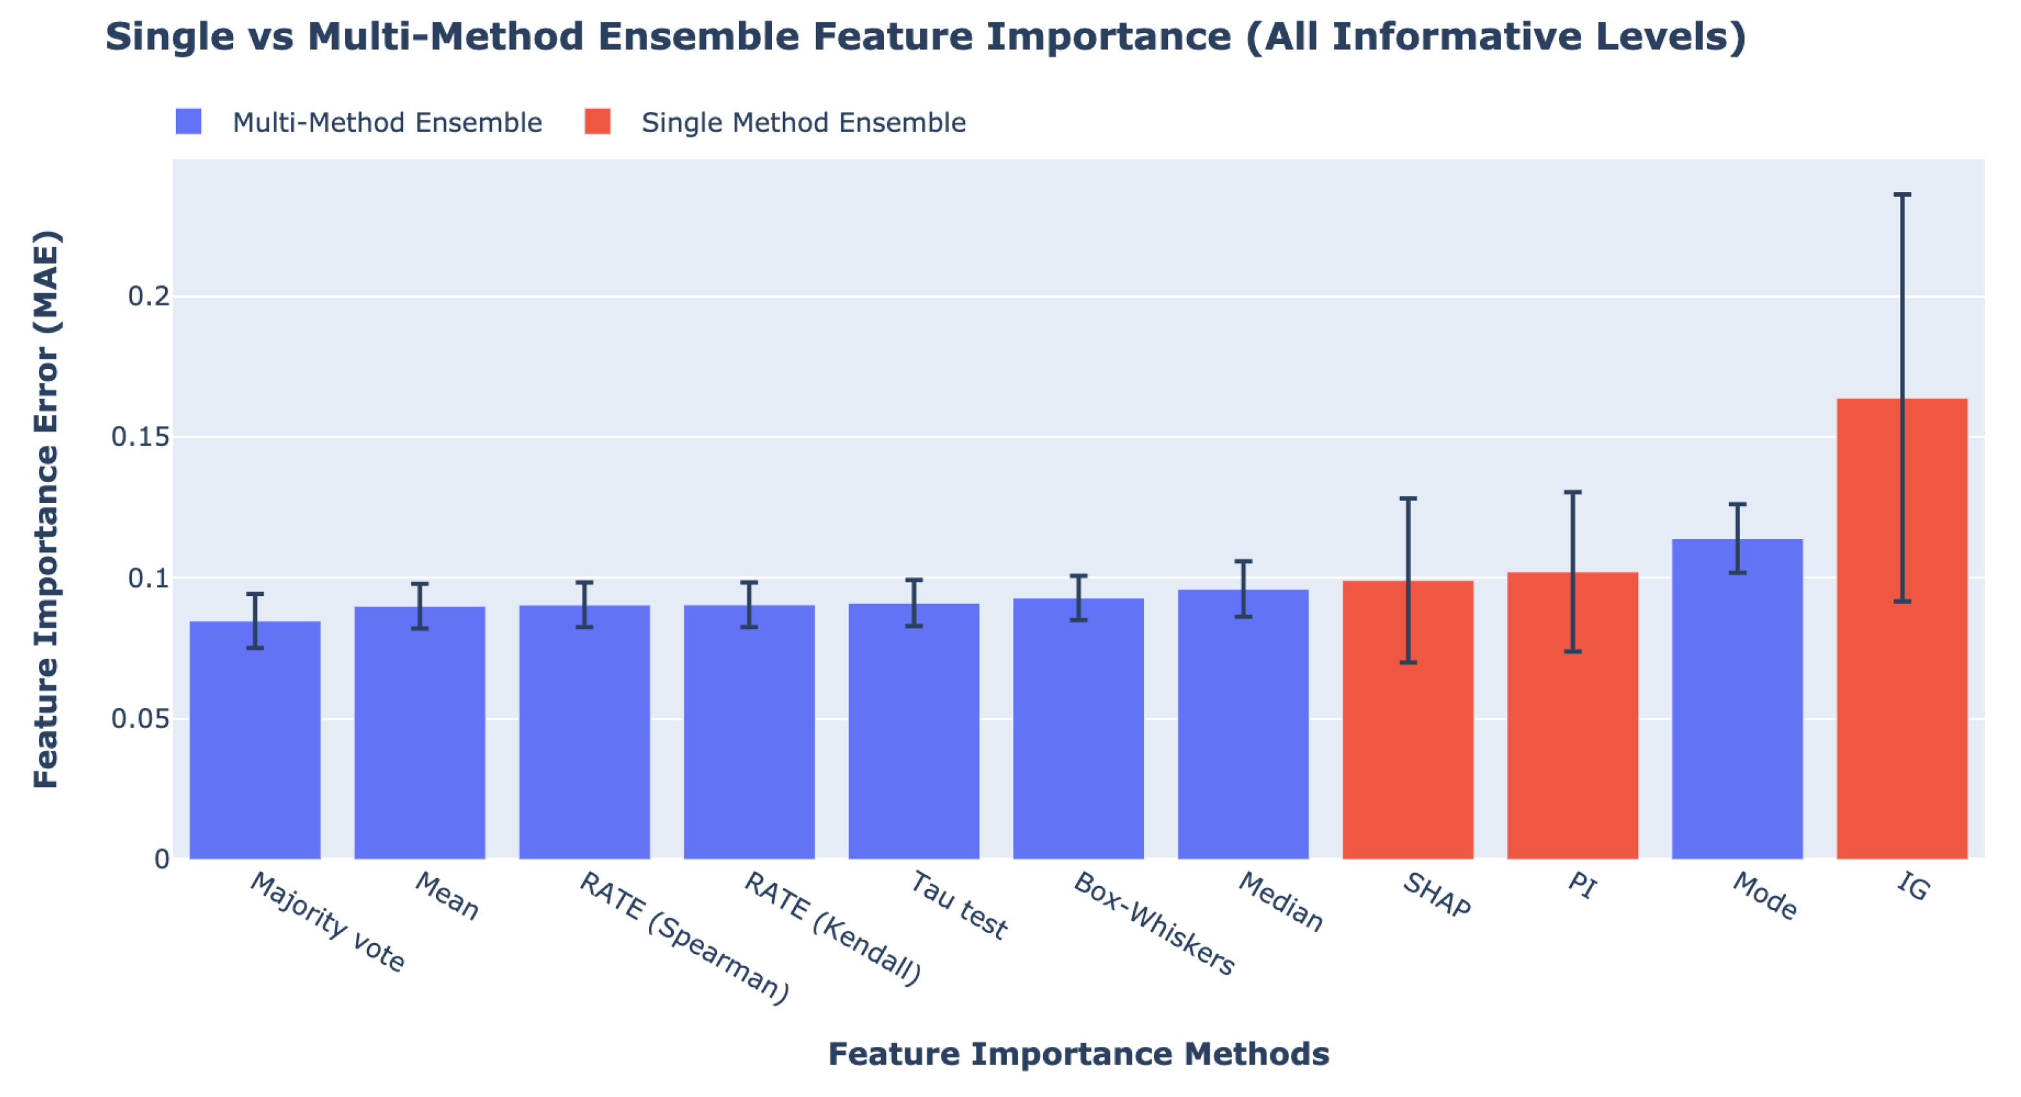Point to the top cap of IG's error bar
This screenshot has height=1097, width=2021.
(1902, 194)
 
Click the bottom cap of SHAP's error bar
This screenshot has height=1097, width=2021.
(1408, 663)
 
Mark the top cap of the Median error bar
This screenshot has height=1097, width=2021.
(1242, 561)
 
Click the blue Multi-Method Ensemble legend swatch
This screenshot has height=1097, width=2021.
(188, 122)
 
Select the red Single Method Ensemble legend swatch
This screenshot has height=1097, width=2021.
(597, 122)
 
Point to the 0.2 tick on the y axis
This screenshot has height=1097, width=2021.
(148, 296)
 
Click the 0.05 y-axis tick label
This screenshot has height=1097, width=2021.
(140, 719)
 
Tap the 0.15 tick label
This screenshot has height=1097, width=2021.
(140, 437)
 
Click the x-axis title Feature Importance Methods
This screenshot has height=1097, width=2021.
(1078, 1054)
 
